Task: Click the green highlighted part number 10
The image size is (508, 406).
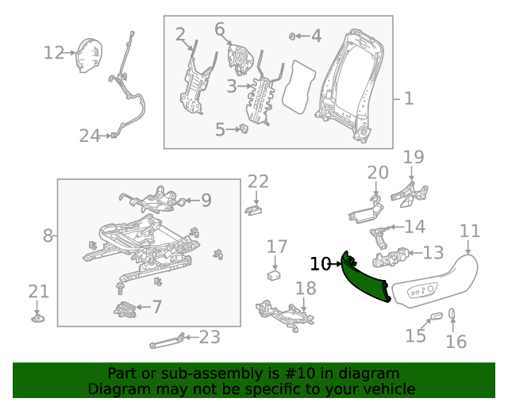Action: pos(365,281)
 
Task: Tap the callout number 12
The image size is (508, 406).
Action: pos(53,53)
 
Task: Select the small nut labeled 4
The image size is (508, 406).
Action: pos(294,36)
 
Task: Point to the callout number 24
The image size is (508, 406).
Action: pos(90,136)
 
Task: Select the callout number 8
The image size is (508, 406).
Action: pos(48,235)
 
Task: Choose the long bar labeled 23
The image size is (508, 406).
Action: pos(168,342)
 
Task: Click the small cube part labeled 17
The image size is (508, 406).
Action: pos(275,275)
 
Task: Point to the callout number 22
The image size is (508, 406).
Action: pos(258,182)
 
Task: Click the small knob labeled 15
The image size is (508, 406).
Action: pos(435,317)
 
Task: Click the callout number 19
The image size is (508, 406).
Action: pos(414,157)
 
